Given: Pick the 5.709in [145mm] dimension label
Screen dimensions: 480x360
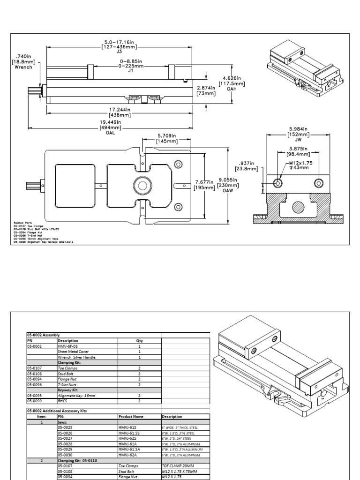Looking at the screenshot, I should tap(167, 138).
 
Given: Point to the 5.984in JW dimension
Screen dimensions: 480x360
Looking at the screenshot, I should tap(299, 133).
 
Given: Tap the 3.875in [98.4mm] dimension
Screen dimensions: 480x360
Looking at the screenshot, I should tap(298, 150).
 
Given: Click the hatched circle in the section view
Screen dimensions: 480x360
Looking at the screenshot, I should tap(298, 207).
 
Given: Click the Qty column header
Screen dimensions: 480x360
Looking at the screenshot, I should tap(139, 341).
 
